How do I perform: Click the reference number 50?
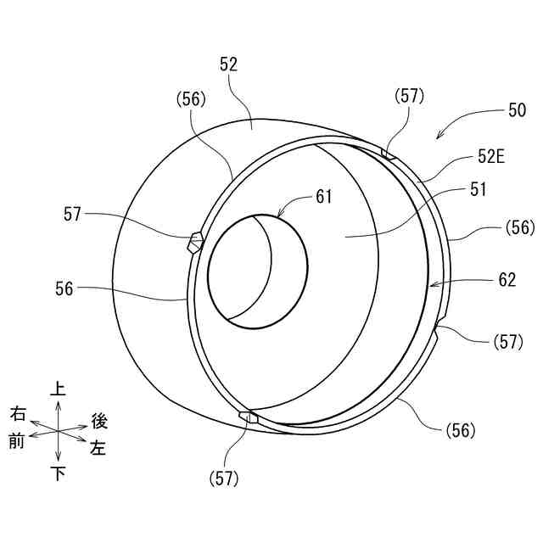click(517, 110)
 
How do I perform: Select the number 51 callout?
click(479, 190)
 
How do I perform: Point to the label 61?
click(324, 197)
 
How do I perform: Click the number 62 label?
click(507, 280)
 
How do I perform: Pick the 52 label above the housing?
click(228, 64)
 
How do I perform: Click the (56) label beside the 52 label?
click(191, 99)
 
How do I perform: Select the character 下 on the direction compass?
click(58, 473)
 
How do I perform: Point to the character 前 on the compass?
click(17, 439)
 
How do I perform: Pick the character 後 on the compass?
click(99, 420)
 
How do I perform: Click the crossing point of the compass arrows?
click(58, 431)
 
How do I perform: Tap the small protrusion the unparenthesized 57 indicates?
click(194, 244)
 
